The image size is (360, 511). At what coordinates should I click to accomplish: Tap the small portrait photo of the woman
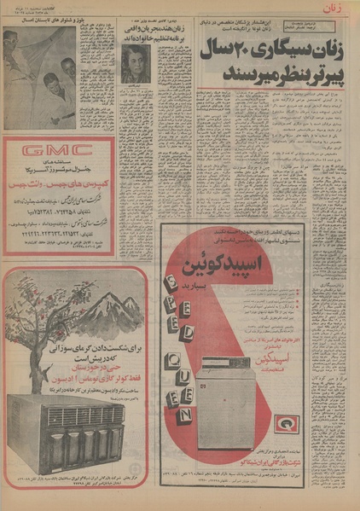135,64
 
